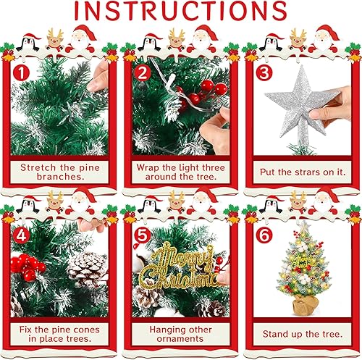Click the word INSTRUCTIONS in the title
pyautogui.click(x=180, y=11)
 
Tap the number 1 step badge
pyautogui.click(x=21, y=73)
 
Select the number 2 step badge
pyautogui.click(x=143, y=73)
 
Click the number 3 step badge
pyautogui.click(x=264, y=73)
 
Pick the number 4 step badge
pyautogui.click(x=21, y=235)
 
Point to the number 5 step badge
pyautogui.click(x=143, y=235)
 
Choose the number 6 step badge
pyautogui.click(x=264, y=235)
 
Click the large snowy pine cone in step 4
pyautogui.click(x=88, y=269)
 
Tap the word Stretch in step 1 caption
pyautogui.click(x=38, y=167)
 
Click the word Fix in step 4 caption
pyautogui.click(x=25, y=330)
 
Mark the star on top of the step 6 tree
pyautogui.click(x=305, y=226)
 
